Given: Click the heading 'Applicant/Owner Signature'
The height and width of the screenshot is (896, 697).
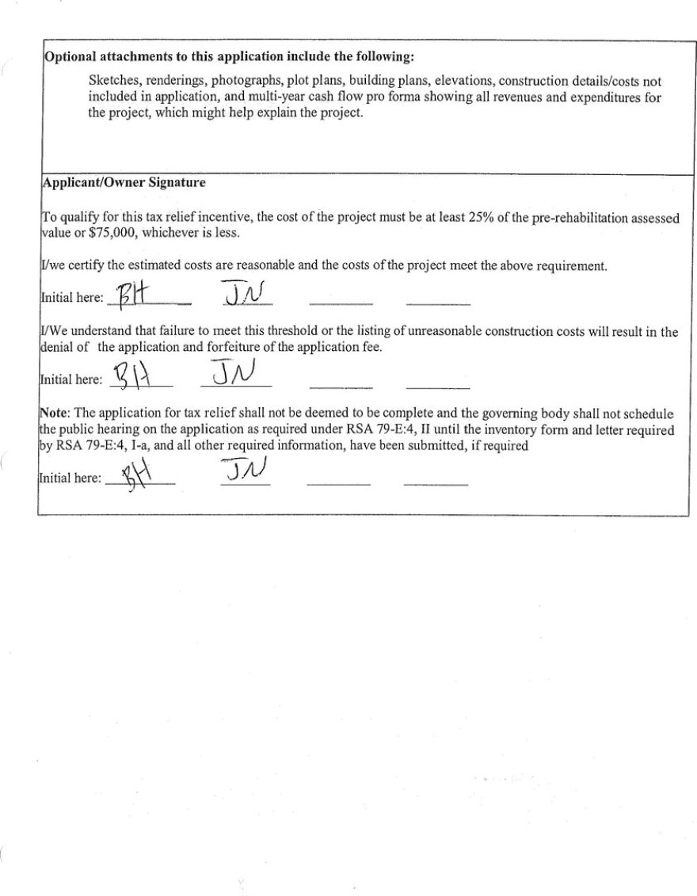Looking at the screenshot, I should coord(124,182).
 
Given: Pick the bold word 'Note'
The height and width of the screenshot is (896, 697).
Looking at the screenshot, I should coord(54,414).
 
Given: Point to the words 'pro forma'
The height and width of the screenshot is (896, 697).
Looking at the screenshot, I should coord(332,97).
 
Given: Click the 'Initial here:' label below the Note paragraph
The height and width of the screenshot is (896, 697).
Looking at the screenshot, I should coord(70,479).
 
